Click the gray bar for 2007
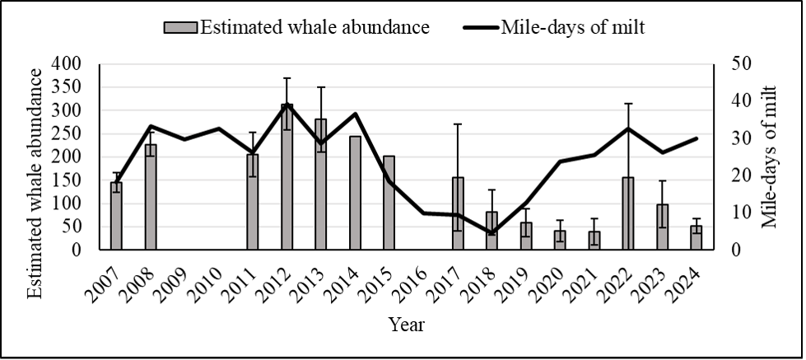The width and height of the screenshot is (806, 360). [116, 216]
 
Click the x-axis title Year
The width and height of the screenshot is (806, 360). [407, 325]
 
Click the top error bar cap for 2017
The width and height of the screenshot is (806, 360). [458, 124]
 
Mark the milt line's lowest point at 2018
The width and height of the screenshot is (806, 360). [492, 233]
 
